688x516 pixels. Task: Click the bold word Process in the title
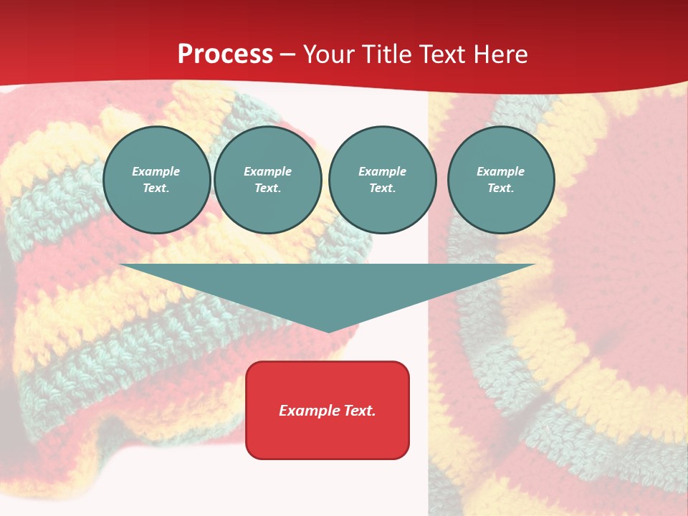pyautogui.click(x=225, y=54)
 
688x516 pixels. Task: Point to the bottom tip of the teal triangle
pyautogui.click(x=328, y=331)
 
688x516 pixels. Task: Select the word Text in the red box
pyautogui.click(x=359, y=411)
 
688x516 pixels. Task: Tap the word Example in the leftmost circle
pyautogui.click(x=156, y=171)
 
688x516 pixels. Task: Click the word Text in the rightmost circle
pyautogui.click(x=500, y=188)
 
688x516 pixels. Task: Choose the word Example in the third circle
pyautogui.click(x=382, y=171)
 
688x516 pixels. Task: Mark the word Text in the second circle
pyautogui.click(x=267, y=188)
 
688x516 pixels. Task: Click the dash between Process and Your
pyautogui.click(x=288, y=54)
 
